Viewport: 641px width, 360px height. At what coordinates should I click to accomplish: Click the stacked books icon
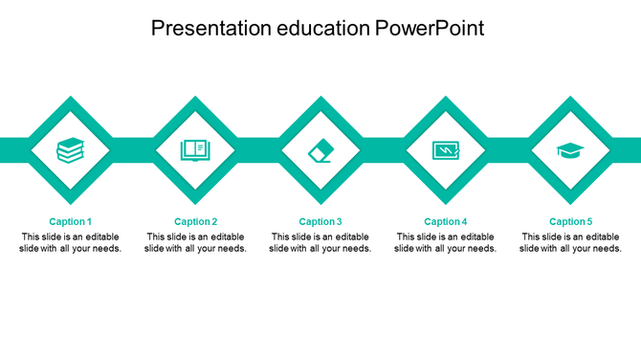(x=70, y=150)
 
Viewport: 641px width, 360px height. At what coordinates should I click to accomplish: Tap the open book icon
(x=195, y=150)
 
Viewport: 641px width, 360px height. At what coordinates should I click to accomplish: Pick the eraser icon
(x=320, y=150)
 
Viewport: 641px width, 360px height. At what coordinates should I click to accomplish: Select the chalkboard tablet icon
(x=446, y=150)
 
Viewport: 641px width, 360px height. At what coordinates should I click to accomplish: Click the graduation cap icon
(x=570, y=150)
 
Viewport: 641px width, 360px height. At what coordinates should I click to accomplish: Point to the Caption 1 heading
(x=70, y=221)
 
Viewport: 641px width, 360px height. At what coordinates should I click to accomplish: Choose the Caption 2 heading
(x=195, y=221)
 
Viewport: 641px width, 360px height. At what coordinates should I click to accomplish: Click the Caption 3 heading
(x=320, y=221)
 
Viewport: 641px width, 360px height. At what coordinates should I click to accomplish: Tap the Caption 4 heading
(x=446, y=221)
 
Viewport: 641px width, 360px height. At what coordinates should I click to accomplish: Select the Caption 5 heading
(x=570, y=221)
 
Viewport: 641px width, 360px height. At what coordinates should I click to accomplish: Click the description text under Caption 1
(x=70, y=242)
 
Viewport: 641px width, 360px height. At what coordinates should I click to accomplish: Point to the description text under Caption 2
(x=195, y=242)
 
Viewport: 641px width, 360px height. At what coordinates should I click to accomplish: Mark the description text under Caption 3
(x=320, y=242)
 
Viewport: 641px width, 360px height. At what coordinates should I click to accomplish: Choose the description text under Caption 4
(x=446, y=242)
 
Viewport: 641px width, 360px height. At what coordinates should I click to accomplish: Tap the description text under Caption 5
(x=570, y=242)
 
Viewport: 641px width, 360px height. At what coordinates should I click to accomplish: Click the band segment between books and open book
(x=133, y=149)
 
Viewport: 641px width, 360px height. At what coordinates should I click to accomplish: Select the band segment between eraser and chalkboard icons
(x=383, y=149)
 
